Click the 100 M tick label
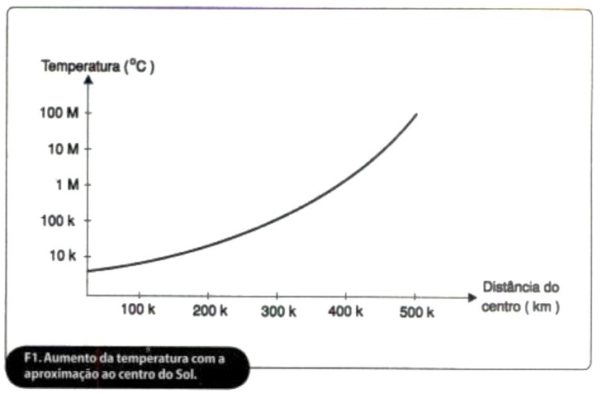pos(59,112)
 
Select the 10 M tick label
pos(62,149)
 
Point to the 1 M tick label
pos(67,184)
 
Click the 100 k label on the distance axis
pos(138,311)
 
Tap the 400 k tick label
pos(346,311)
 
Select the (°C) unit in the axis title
pos(139,66)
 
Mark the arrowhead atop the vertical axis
pos(88,80)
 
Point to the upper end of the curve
pos(416,114)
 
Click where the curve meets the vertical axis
pos(88,270)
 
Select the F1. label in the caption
pos(32,357)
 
